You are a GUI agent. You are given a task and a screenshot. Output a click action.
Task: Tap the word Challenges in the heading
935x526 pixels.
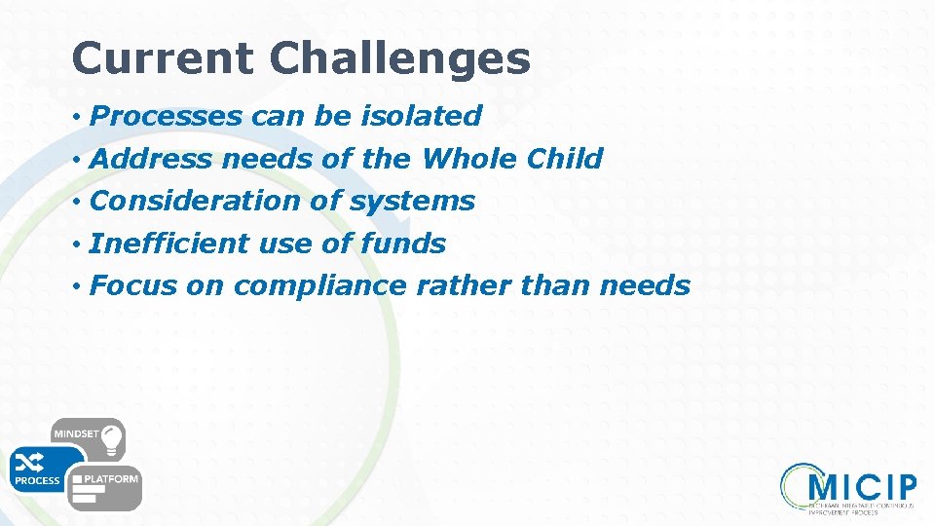400,58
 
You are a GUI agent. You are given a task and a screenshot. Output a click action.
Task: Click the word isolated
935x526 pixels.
421,116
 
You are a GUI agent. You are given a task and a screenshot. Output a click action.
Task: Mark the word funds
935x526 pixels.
402,244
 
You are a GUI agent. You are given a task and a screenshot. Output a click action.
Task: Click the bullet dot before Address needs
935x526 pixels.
76,159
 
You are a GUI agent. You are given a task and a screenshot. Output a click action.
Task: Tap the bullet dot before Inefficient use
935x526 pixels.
76,244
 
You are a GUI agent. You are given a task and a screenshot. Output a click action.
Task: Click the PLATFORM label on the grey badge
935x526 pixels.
111,479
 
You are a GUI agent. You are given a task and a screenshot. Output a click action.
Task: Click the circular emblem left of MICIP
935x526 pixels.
796,484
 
